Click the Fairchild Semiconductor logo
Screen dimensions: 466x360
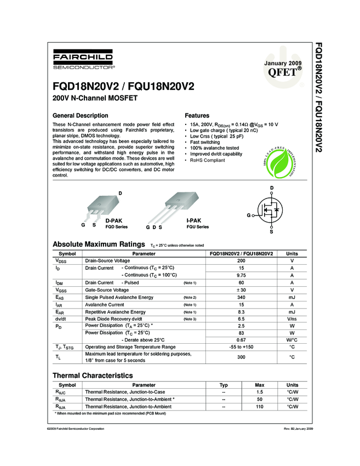[x=83, y=60]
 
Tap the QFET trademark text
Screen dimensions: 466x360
[x=282, y=73]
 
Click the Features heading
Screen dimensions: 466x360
[x=197, y=116]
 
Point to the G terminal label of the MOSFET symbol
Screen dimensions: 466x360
[x=249, y=215]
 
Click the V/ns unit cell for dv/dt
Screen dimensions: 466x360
[x=292, y=319]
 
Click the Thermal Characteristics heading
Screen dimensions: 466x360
[x=92, y=376]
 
